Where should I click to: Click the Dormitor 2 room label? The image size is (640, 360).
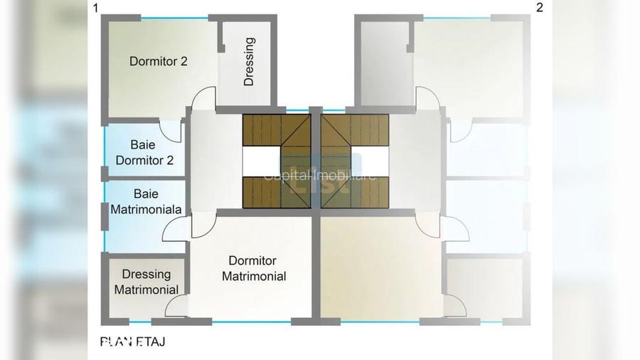tap(159, 61)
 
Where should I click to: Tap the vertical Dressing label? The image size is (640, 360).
tap(249, 62)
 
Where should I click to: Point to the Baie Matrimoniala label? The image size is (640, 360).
tap(146, 201)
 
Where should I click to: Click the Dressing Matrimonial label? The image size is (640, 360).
tap(146, 282)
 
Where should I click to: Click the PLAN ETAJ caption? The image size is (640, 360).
tap(132, 342)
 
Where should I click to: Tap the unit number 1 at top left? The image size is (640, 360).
tap(95, 9)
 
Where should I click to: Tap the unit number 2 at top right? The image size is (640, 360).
tap(539, 9)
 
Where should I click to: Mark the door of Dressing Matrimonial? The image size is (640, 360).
tap(176, 306)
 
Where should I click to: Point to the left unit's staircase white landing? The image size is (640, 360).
tap(260, 161)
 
